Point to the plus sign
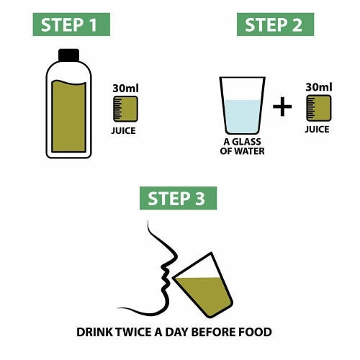pyautogui.click(x=283, y=108)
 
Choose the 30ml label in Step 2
pyautogui.click(x=318, y=88)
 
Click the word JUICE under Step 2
pyautogui.click(x=317, y=130)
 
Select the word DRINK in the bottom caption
pyautogui.click(x=95, y=333)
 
